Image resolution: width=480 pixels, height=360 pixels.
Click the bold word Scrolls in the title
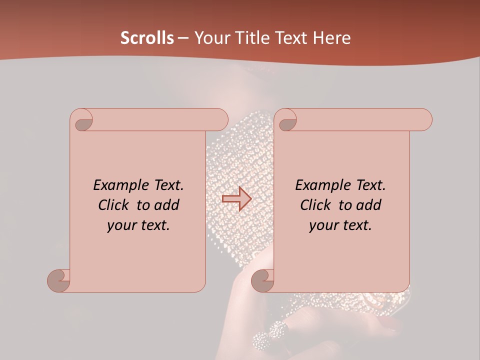point(147,38)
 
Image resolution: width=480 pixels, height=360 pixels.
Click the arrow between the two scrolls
point(236,199)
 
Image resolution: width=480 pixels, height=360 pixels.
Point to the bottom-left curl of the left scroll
point(58,280)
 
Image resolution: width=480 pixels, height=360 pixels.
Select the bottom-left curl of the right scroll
point(262,280)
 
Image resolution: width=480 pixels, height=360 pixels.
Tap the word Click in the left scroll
point(114,205)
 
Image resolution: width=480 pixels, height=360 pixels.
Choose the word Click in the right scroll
point(316,205)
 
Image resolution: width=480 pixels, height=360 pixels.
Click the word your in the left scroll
point(120,225)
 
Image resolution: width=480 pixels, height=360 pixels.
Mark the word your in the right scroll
point(322,225)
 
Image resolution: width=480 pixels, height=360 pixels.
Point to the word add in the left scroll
point(167,205)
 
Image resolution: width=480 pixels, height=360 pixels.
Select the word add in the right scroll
point(369,205)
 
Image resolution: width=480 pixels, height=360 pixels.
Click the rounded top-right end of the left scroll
point(220,119)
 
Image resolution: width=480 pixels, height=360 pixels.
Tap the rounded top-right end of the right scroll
point(424,119)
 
